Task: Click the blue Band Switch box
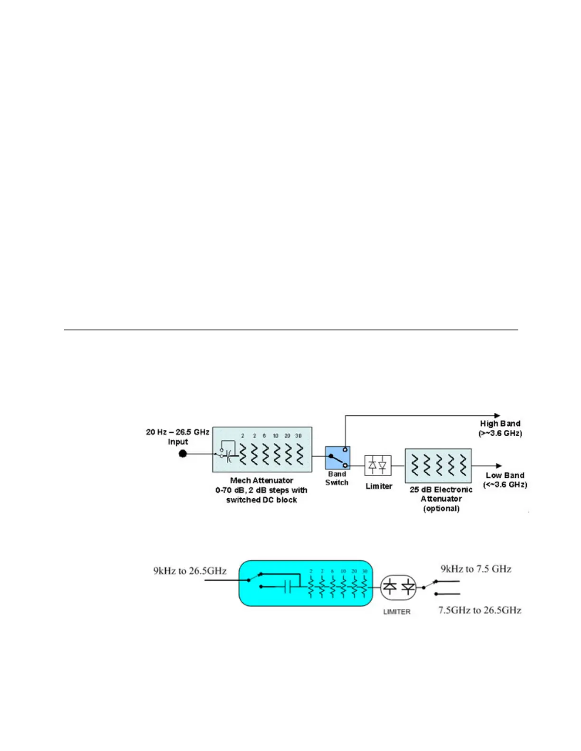[337, 458]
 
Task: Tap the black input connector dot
[183, 454]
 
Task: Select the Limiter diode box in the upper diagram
[378, 465]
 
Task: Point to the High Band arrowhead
[497, 416]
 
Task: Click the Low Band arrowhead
[498, 466]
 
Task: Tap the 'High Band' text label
[500, 423]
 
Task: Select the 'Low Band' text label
[505, 475]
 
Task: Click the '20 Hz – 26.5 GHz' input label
[178, 432]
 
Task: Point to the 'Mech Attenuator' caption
[262, 480]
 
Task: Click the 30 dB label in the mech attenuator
[299, 436]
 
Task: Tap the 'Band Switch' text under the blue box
[337, 478]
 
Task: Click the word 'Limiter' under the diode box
[379, 486]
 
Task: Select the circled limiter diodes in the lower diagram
[399, 587]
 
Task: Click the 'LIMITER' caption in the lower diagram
[397, 612]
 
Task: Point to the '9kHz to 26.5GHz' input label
[190, 570]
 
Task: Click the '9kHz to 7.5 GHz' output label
[476, 568]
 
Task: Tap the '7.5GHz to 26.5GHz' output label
[480, 610]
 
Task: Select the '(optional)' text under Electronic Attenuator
[441, 509]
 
